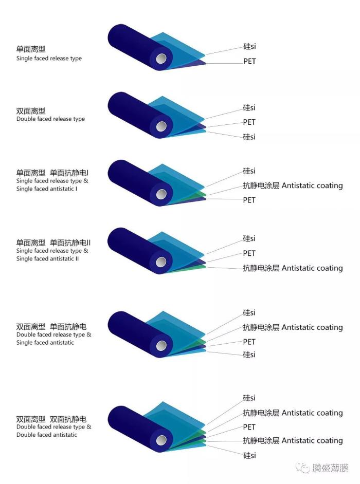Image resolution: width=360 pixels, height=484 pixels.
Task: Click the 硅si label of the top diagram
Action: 249,47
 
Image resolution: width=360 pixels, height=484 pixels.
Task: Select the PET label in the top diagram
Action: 249,62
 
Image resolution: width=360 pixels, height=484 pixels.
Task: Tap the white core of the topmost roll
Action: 161,59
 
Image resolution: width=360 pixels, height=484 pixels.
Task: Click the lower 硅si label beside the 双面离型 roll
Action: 249,137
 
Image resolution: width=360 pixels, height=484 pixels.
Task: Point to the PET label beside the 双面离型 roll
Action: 249,122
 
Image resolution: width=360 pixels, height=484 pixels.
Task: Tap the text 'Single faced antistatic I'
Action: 47,189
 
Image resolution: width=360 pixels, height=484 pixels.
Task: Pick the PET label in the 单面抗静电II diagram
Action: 249,253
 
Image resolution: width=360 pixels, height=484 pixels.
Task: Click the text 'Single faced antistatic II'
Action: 48,258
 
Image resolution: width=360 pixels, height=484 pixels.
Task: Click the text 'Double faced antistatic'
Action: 47,435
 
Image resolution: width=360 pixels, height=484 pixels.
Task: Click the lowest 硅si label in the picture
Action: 249,456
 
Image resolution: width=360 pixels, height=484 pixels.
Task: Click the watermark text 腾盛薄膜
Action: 331,468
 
